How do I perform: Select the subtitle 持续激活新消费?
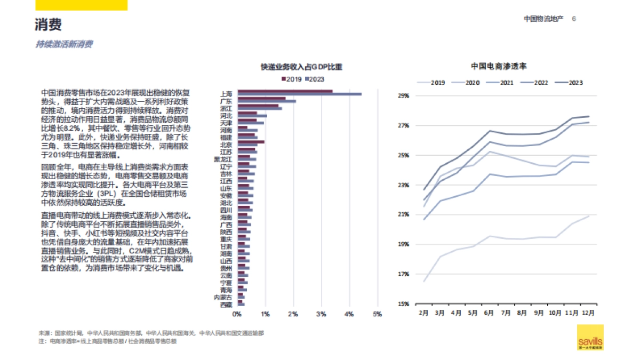pos(64,44)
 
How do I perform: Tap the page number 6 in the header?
pos(574,19)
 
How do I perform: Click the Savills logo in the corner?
pos(590,337)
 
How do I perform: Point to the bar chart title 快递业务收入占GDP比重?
pos(301,67)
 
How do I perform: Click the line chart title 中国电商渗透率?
pos(499,66)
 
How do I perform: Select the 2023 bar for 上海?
pos(299,94)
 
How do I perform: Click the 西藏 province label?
pos(226,305)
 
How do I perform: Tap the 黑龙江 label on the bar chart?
pos(223,159)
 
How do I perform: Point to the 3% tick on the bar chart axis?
pos(321,314)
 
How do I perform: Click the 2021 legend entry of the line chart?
pos(504,83)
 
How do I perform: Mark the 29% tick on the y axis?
pos(403,96)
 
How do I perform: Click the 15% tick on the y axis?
pos(403,304)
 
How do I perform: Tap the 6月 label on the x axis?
pos(489,313)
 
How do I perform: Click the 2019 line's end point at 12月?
pos(589,216)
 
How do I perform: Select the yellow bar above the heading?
pos(82,5)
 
